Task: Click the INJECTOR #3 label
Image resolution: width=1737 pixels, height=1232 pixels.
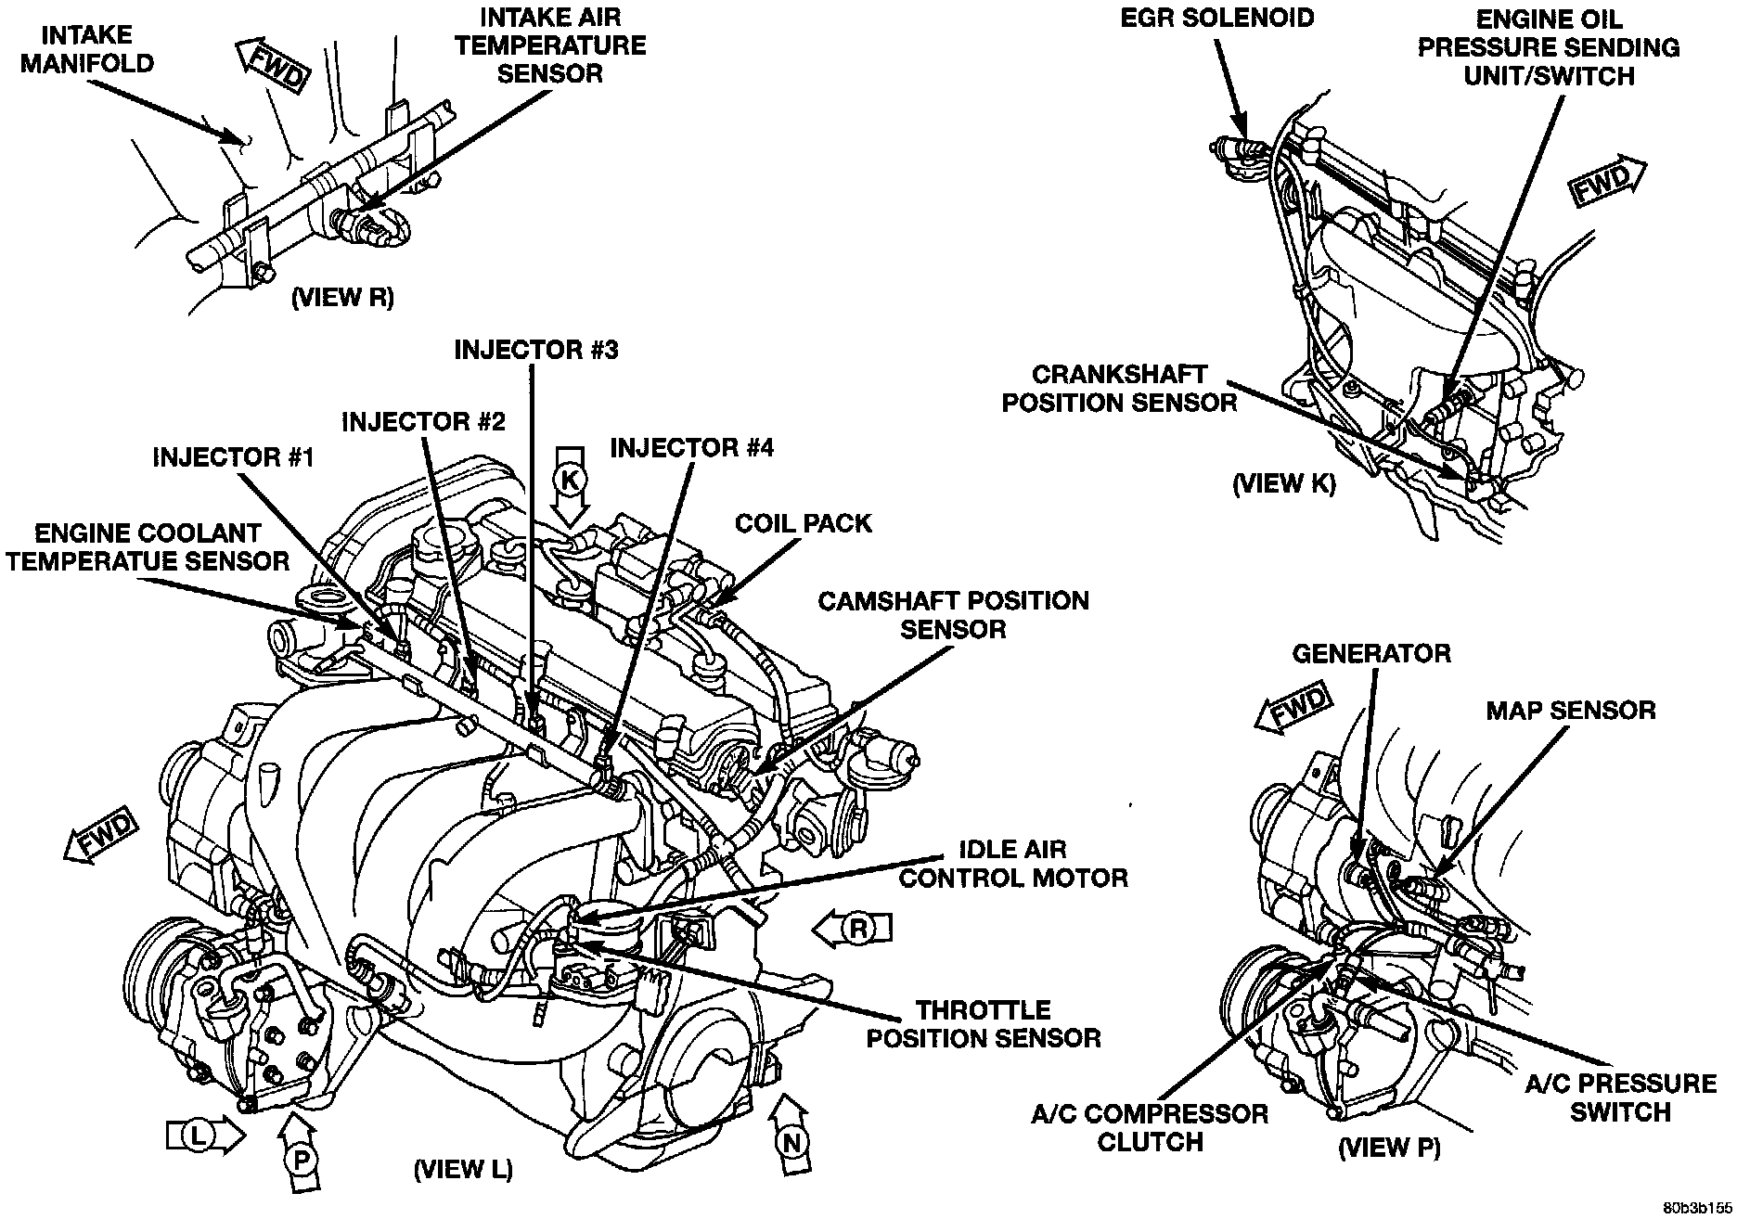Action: [x=536, y=350]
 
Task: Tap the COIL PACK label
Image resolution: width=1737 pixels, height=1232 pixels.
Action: [x=804, y=523]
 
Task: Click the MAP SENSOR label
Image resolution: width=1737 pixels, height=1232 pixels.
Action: [x=1570, y=711]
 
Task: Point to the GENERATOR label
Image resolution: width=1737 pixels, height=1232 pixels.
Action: [x=1371, y=653]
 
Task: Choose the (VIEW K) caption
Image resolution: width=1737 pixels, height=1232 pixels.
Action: [x=1283, y=484]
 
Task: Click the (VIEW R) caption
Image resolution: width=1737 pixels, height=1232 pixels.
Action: [x=342, y=297]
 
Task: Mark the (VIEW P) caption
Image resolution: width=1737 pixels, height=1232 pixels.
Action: [x=1388, y=1148]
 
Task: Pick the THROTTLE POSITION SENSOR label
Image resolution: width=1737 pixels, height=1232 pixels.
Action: [x=984, y=1023]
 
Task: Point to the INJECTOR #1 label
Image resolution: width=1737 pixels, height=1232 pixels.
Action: [x=234, y=456]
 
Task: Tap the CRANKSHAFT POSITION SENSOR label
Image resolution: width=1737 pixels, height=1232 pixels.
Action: [x=1121, y=388]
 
